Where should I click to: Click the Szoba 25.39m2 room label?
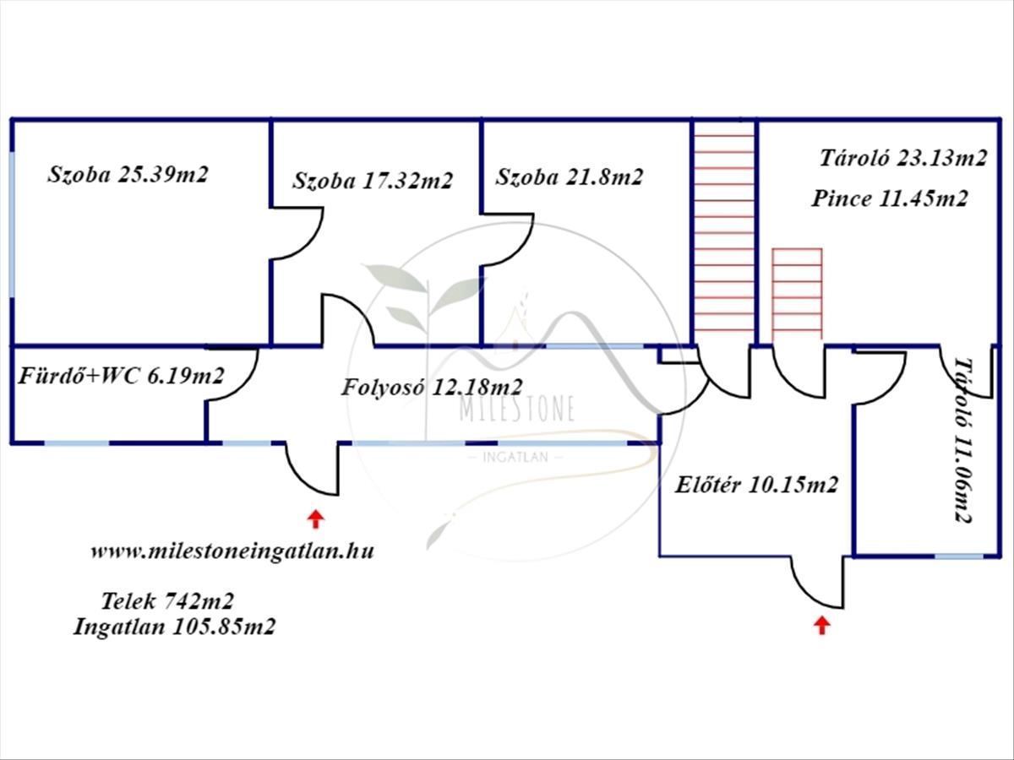point(128,175)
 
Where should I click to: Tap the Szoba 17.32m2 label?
point(373,180)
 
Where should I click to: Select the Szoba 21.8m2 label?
point(569,177)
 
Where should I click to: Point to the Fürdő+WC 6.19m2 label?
point(121,376)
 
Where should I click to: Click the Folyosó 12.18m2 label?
point(432,387)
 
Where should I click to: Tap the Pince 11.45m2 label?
point(889,199)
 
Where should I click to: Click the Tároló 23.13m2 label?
point(902,158)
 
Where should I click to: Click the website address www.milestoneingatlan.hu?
point(232,551)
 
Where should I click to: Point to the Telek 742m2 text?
point(167,601)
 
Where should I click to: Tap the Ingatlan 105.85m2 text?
point(174,627)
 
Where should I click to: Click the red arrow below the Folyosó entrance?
point(315,518)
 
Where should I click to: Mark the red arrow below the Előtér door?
point(821,625)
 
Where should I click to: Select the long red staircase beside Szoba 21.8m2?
point(723,232)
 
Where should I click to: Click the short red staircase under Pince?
point(797,293)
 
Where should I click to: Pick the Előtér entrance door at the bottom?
point(817,583)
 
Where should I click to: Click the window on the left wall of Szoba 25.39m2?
point(13,224)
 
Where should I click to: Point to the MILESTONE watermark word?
point(516,410)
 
